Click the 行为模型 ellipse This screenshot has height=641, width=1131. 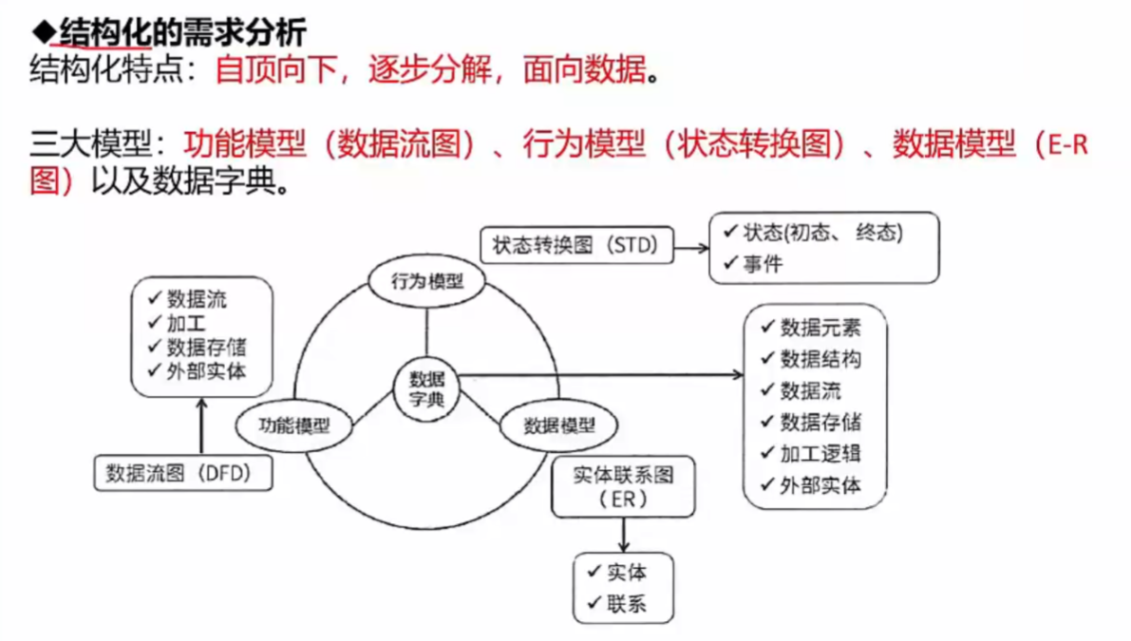pos(426,281)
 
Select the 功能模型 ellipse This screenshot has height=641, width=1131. pos(293,424)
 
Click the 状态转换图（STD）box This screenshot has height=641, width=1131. pos(575,245)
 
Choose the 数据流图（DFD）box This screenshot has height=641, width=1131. pos(183,473)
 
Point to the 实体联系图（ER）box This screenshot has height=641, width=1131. pos(623,487)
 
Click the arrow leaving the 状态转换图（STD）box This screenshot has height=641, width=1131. pos(690,247)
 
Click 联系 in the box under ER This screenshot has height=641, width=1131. pos(627,603)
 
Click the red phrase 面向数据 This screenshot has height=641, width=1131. pos(583,70)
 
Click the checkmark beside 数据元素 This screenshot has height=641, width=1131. pos(768,327)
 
